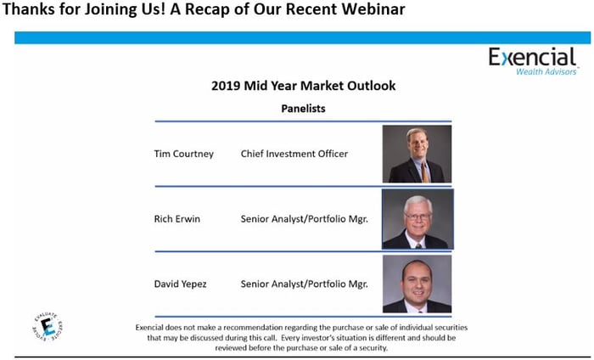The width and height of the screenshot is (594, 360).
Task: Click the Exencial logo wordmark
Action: (532, 57)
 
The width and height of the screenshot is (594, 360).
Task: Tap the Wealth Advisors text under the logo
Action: (546, 71)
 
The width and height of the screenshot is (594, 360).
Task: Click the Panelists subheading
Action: (303, 109)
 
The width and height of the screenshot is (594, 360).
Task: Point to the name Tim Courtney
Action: (184, 154)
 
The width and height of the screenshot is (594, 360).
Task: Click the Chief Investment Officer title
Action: (294, 154)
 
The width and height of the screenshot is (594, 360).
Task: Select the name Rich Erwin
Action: (177, 219)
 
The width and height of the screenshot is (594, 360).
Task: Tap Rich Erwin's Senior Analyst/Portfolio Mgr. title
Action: (304, 219)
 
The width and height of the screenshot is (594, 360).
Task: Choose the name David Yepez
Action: (180, 284)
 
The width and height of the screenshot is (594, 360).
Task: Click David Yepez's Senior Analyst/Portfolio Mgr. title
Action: (304, 284)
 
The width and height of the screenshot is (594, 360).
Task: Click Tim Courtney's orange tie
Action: (425, 172)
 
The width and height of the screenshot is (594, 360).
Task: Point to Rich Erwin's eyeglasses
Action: (417, 217)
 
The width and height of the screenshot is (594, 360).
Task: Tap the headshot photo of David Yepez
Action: (417, 284)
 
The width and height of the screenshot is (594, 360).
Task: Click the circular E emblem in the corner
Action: (48, 327)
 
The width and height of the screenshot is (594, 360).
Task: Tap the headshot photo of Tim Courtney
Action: (417, 155)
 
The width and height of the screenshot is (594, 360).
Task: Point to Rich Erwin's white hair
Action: (417, 202)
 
